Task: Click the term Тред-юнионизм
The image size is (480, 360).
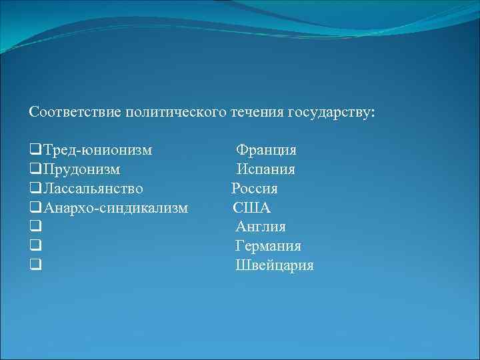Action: (97, 150)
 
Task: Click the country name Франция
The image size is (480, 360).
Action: (267, 150)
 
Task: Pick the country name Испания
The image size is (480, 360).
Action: (266, 169)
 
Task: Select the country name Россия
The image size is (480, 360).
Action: (255, 189)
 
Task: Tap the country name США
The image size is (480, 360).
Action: (252, 208)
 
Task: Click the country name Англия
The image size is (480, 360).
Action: (261, 227)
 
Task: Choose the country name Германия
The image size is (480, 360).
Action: (268, 247)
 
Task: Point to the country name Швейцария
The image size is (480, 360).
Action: (275, 266)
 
